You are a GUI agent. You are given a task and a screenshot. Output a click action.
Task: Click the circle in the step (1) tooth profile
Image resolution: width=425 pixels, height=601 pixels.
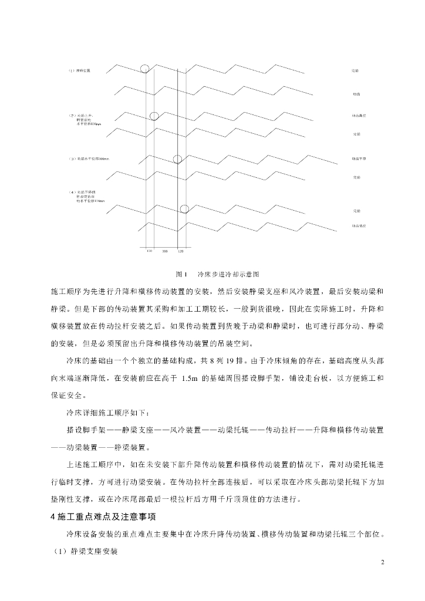click(145, 68)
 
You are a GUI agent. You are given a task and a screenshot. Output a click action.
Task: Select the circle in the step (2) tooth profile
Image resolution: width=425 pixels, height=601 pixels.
click(154, 116)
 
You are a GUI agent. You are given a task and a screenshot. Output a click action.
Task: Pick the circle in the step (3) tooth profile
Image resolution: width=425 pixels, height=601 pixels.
click(177, 159)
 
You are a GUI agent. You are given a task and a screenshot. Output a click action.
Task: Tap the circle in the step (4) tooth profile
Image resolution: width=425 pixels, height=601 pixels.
click(184, 208)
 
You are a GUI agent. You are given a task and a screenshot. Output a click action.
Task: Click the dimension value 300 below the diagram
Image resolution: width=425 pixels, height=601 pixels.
click(165, 251)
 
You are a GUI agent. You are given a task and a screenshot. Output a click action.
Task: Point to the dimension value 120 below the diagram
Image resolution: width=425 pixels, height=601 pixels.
click(181, 251)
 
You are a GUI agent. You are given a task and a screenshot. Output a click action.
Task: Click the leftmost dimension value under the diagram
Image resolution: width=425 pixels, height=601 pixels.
click(149, 251)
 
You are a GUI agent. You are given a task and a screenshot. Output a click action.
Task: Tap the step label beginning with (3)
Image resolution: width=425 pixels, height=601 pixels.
click(89, 159)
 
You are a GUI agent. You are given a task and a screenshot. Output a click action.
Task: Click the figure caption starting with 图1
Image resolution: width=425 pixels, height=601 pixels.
click(218, 274)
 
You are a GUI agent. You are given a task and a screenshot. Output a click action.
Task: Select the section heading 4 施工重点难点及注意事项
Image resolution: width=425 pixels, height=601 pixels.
click(102, 516)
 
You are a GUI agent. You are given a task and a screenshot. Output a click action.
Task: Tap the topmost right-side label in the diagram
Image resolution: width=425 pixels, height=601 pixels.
click(355, 70)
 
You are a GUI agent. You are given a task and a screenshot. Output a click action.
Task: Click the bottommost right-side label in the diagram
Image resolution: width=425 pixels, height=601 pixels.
click(359, 225)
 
